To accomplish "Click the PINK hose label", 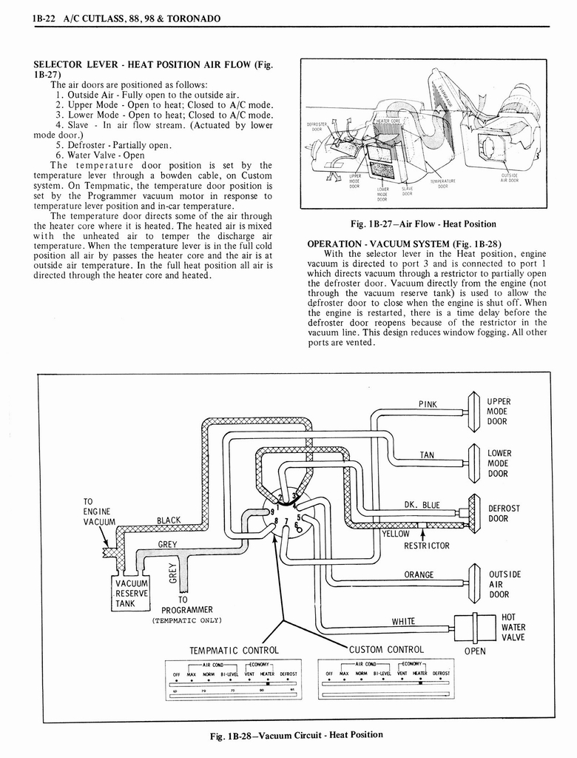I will [428, 404].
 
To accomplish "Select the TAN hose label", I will [427, 455].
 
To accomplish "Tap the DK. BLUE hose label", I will [422, 505].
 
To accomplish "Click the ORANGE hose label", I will [419, 574].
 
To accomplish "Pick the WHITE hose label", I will [403, 621].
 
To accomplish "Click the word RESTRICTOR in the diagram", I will [426, 546].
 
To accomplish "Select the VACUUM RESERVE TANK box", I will [132, 592].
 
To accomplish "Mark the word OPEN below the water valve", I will [475, 652].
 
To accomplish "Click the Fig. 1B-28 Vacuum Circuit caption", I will [297, 734].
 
